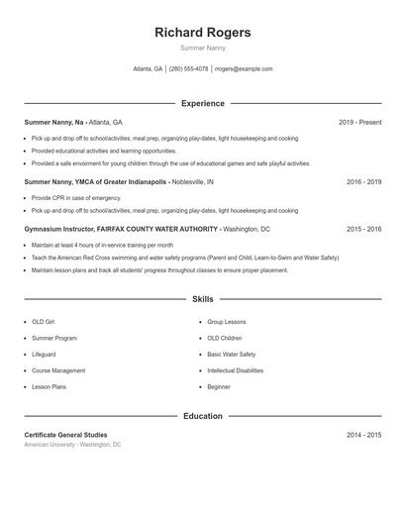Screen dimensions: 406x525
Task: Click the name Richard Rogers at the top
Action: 202,33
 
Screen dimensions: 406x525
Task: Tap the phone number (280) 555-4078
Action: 188,69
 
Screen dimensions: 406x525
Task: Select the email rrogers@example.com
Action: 244,69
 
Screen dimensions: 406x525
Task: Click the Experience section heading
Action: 202,103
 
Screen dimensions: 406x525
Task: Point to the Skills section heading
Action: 202,298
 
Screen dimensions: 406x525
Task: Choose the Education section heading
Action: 202,416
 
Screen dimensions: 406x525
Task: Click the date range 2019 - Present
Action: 359,122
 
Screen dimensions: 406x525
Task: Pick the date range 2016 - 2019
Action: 363,182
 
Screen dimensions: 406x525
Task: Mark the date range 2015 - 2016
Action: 363,229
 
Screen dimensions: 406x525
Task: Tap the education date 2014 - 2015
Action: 363,435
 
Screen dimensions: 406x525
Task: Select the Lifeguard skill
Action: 44,355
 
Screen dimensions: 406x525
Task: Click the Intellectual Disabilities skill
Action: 235,370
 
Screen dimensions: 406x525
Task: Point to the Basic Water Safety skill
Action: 231,355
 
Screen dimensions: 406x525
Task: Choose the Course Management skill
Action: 58,370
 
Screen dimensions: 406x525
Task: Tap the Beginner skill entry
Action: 218,386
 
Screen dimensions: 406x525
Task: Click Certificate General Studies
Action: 65,435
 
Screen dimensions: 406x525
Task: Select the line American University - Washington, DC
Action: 72,445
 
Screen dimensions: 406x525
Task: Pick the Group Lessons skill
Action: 226,323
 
